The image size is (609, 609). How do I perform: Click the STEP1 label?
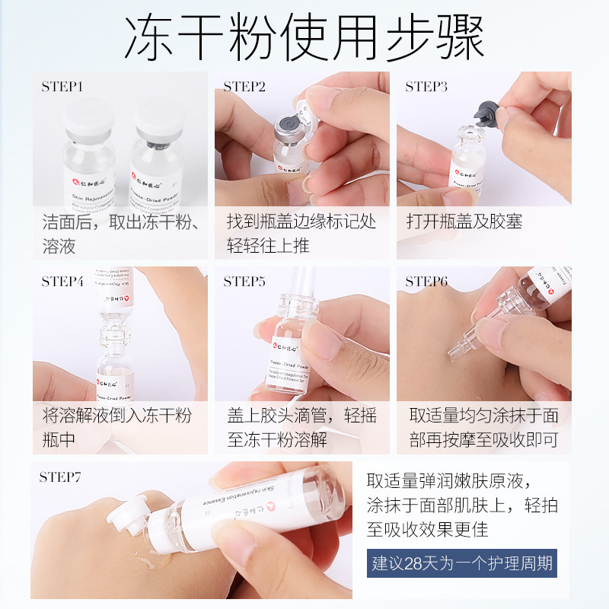62,87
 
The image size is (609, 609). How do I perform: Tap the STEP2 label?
244,87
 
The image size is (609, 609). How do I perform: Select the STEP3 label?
426,87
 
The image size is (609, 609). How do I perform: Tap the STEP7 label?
61,477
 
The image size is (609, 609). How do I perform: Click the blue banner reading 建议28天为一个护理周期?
462,565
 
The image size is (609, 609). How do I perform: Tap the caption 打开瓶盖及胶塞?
464,222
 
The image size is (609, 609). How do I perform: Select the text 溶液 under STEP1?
59,246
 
